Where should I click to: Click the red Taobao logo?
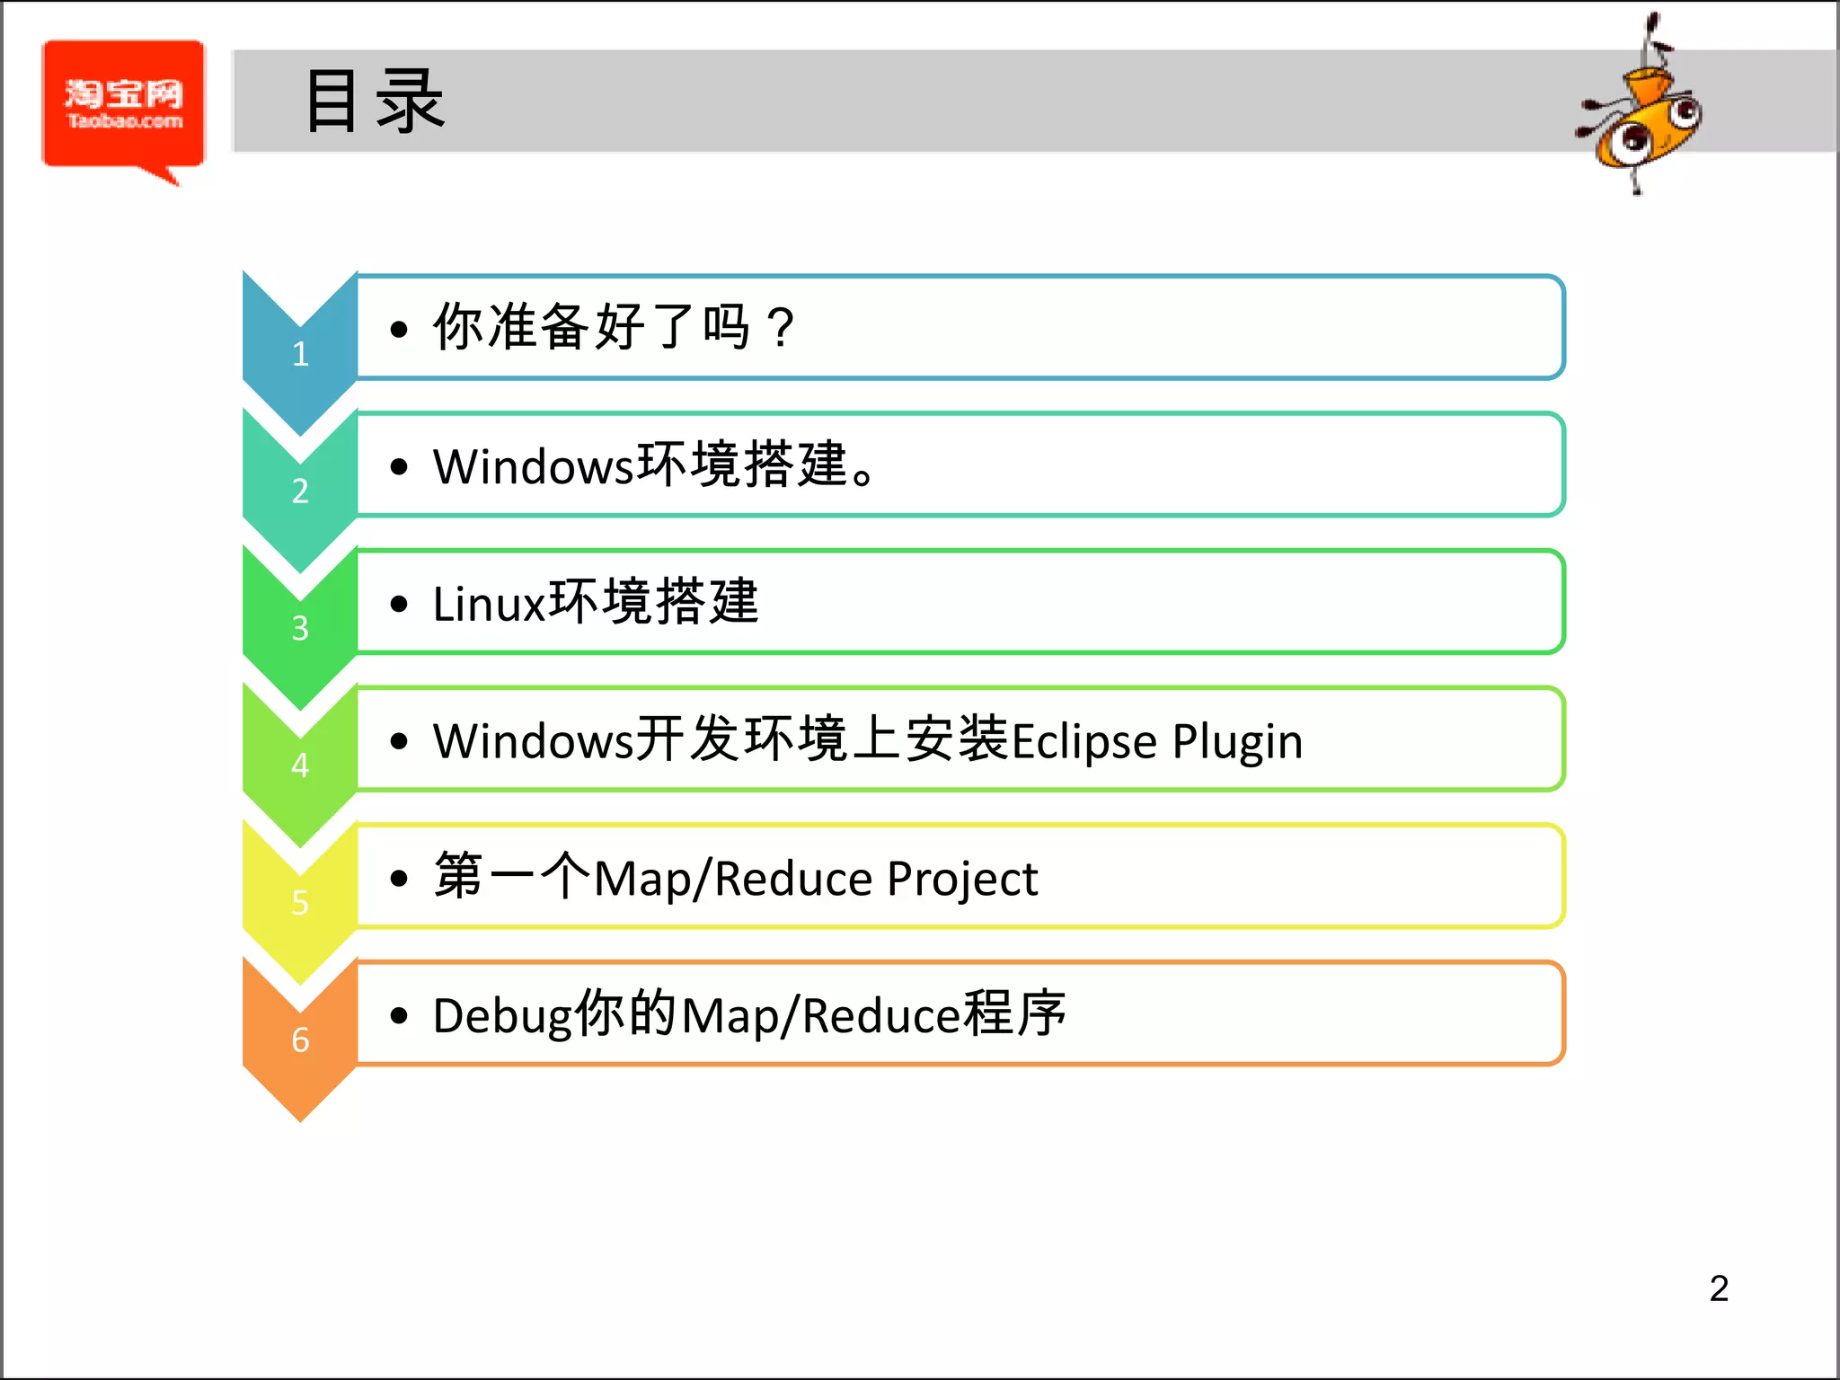(123, 105)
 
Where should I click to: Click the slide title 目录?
(375, 102)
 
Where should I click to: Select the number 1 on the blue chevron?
(300, 354)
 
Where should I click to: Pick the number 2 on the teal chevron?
(300, 491)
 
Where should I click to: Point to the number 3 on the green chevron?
(300, 628)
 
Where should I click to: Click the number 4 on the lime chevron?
(300, 765)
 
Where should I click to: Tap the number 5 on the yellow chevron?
(300, 903)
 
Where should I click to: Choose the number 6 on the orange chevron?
(300, 1039)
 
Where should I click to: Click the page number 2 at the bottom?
(1719, 1288)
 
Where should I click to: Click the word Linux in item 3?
(490, 603)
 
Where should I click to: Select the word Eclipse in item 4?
(1084, 742)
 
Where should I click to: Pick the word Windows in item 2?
(534, 466)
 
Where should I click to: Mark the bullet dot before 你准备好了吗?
(399, 329)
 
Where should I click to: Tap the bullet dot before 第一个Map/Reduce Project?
(399, 879)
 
